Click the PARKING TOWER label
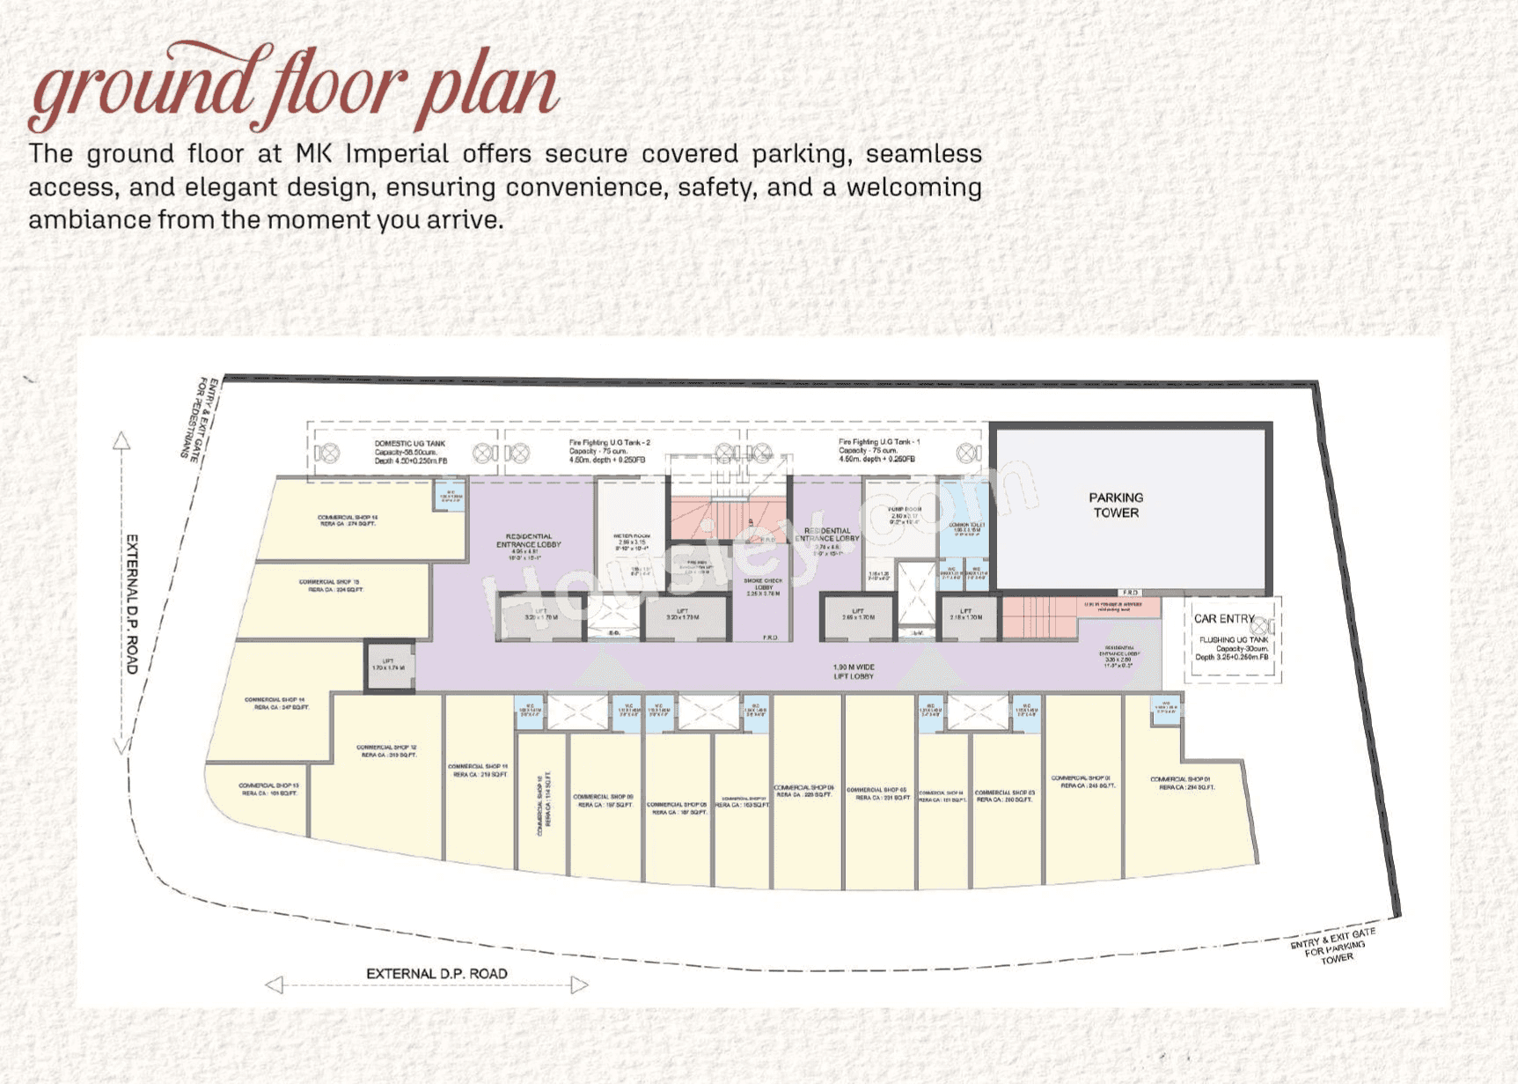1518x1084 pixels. [1115, 505]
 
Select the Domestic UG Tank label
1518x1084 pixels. [410, 452]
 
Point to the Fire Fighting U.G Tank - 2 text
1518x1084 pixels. [609, 451]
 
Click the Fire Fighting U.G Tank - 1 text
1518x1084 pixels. [878, 450]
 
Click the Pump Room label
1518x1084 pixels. [904, 514]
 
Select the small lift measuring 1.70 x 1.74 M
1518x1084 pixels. [388, 665]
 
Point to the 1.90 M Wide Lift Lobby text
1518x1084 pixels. [853, 671]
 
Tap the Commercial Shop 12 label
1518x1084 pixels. [386, 750]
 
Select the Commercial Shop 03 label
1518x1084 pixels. [1004, 796]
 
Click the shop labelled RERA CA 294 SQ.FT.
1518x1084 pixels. [1185, 783]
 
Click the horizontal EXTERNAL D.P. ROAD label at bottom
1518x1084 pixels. [436, 973]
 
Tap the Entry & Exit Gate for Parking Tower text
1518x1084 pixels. [1333, 946]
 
